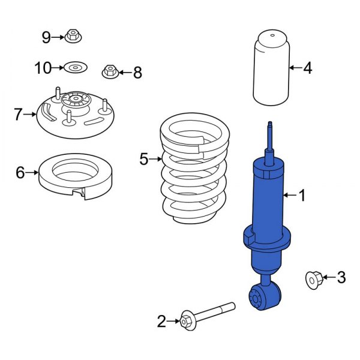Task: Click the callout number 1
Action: (302, 195)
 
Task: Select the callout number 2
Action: (161, 322)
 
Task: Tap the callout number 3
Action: (341, 277)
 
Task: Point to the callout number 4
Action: (307, 68)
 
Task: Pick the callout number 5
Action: (143, 159)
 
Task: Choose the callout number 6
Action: (20, 173)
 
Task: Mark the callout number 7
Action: (18, 113)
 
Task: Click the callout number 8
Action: (137, 73)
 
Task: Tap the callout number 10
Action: (43, 68)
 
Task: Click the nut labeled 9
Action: (73, 37)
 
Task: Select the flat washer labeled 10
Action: (75, 68)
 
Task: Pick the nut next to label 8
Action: (110, 72)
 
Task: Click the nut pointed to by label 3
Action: (314, 278)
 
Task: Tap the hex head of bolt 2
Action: (186, 321)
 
